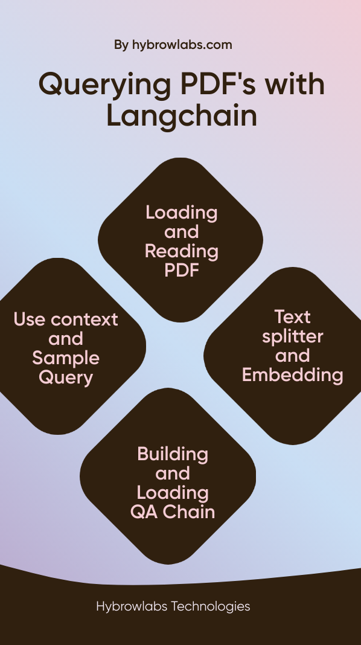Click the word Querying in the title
tap(105, 86)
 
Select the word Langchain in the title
tap(182, 118)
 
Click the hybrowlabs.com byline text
tap(182, 45)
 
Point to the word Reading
tap(181, 252)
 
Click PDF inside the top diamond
tap(182, 270)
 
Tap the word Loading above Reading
tap(181, 214)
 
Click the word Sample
tap(66, 359)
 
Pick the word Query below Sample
tap(66, 378)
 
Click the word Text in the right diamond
tap(292, 316)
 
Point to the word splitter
tap(292, 337)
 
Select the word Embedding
tap(292, 376)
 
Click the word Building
tap(173, 455)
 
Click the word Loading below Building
tap(173, 493)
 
